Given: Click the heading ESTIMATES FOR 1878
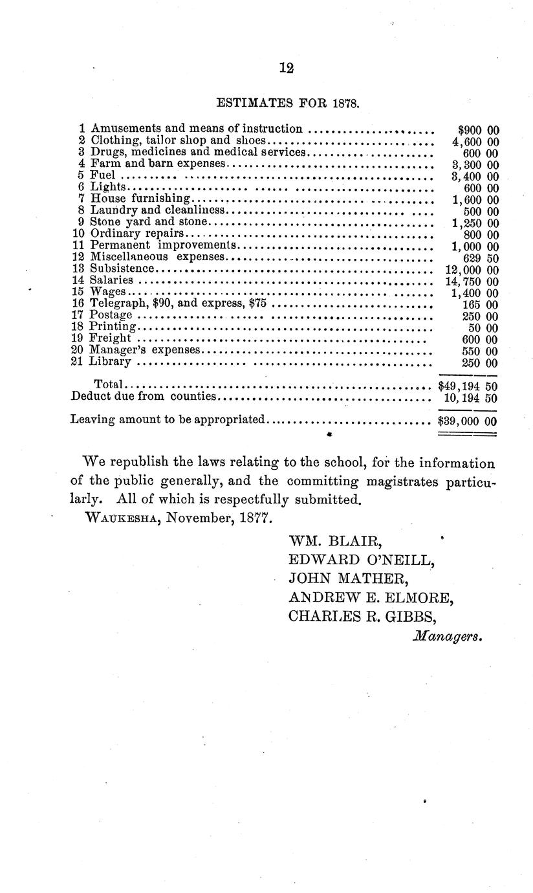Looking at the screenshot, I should (287, 102).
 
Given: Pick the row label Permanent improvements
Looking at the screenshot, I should (161, 246).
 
